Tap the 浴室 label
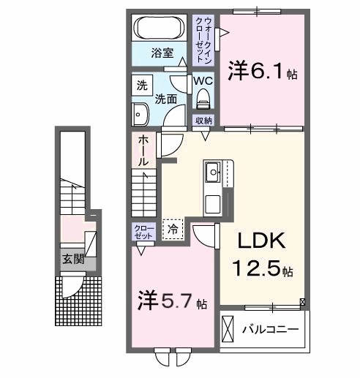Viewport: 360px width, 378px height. coord(162,53)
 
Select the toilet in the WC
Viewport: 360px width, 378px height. coord(203,98)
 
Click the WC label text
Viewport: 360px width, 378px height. coord(203,81)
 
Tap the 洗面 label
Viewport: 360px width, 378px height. coord(167,98)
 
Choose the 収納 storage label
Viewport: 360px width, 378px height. coord(203,120)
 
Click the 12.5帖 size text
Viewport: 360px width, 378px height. coord(263,270)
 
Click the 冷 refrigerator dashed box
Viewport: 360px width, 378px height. coord(173,229)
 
